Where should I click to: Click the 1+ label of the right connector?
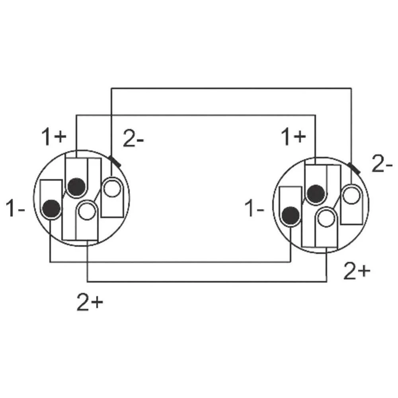point(294,137)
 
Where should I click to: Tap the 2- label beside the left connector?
point(134,140)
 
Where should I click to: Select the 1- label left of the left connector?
point(16,209)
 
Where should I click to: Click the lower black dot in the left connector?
point(52,208)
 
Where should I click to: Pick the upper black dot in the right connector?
point(316,193)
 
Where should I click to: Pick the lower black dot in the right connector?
point(291,215)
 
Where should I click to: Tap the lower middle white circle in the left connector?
point(86,211)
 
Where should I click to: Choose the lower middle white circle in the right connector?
point(326,218)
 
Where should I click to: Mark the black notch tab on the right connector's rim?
point(354,168)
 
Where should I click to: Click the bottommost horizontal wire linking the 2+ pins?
point(207,281)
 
